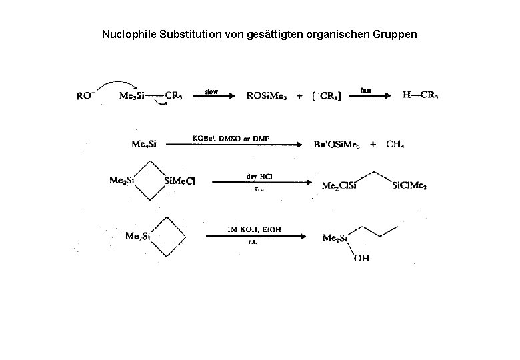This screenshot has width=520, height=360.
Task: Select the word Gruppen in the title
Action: (x=395, y=33)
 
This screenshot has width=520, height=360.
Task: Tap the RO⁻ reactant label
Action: (x=85, y=95)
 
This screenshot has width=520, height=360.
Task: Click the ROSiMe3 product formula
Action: (x=267, y=95)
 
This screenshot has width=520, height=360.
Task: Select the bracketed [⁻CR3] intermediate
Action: (x=326, y=96)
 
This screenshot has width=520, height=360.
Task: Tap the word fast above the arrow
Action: (x=366, y=89)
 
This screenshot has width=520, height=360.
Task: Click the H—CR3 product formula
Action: (x=421, y=95)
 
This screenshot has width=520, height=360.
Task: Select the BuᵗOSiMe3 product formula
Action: (x=337, y=145)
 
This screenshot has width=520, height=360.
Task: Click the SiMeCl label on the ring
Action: (x=179, y=181)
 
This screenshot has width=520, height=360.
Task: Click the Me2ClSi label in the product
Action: (x=340, y=186)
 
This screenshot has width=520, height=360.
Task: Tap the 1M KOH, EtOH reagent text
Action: (x=254, y=229)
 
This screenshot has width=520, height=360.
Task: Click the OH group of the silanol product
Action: (x=361, y=257)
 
